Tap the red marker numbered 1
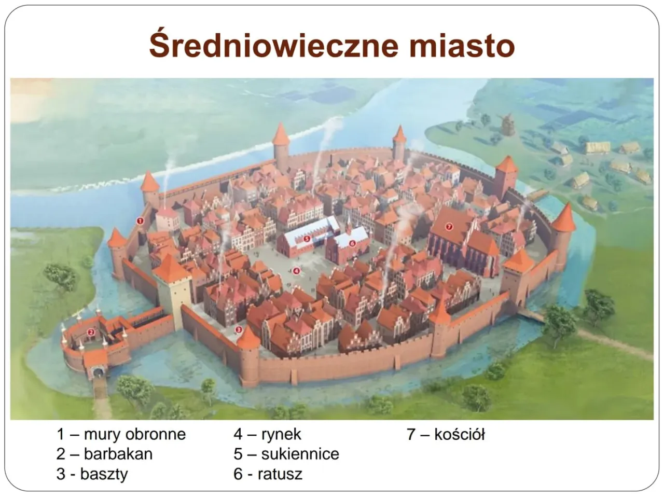(x=140, y=221)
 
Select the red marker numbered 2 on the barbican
(x=90, y=333)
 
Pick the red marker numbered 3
(x=239, y=329)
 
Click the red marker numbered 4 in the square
(x=296, y=271)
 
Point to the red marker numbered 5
(x=307, y=239)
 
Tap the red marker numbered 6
(x=352, y=243)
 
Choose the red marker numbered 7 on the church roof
(x=449, y=226)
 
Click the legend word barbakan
(x=118, y=454)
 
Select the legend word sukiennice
(x=300, y=454)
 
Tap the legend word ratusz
(x=280, y=474)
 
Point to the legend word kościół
(x=460, y=434)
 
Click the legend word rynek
(x=281, y=435)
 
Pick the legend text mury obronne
(x=135, y=435)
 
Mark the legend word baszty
(x=104, y=475)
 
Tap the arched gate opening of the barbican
(x=97, y=372)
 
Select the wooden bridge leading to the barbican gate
(x=100, y=393)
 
